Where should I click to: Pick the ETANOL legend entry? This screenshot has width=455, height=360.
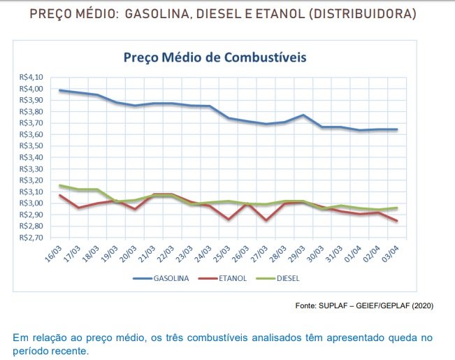click(x=232, y=278)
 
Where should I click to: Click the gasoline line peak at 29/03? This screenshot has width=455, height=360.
click(x=303, y=115)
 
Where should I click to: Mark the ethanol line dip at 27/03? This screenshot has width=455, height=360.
click(x=266, y=220)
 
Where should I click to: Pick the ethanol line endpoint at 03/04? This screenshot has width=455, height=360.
click(x=398, y=221)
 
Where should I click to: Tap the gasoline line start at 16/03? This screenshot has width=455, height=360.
click(x=60, y=90)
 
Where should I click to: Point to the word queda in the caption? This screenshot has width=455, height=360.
click(x=398, y=338)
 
